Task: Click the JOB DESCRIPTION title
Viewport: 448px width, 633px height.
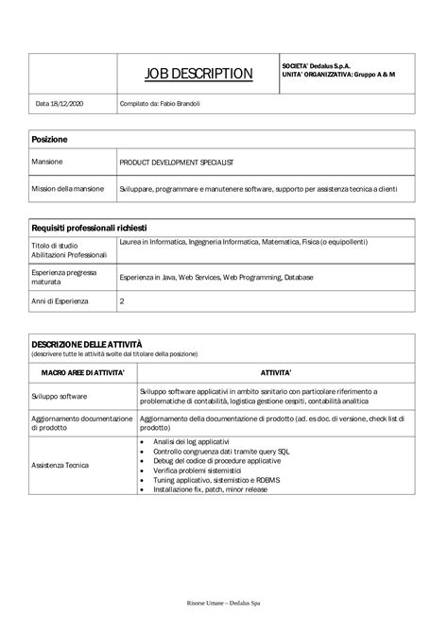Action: coord(198,74)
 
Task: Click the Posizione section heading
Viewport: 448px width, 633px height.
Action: coord(50,139)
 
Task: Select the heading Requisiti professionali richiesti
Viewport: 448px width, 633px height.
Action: coord(95,228)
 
